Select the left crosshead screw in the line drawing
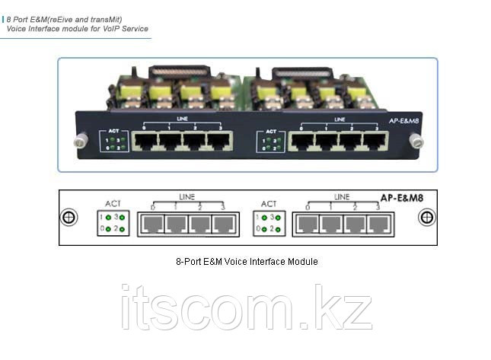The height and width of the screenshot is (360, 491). [70, 217]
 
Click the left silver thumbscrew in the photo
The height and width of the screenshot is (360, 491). [78, 141]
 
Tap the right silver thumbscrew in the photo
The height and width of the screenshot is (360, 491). [415, 141]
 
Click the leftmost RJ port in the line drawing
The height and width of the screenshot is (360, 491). [152, 224]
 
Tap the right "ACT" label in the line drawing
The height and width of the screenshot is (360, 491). [269, 204]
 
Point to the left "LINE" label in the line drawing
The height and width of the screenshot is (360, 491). [186, 197]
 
